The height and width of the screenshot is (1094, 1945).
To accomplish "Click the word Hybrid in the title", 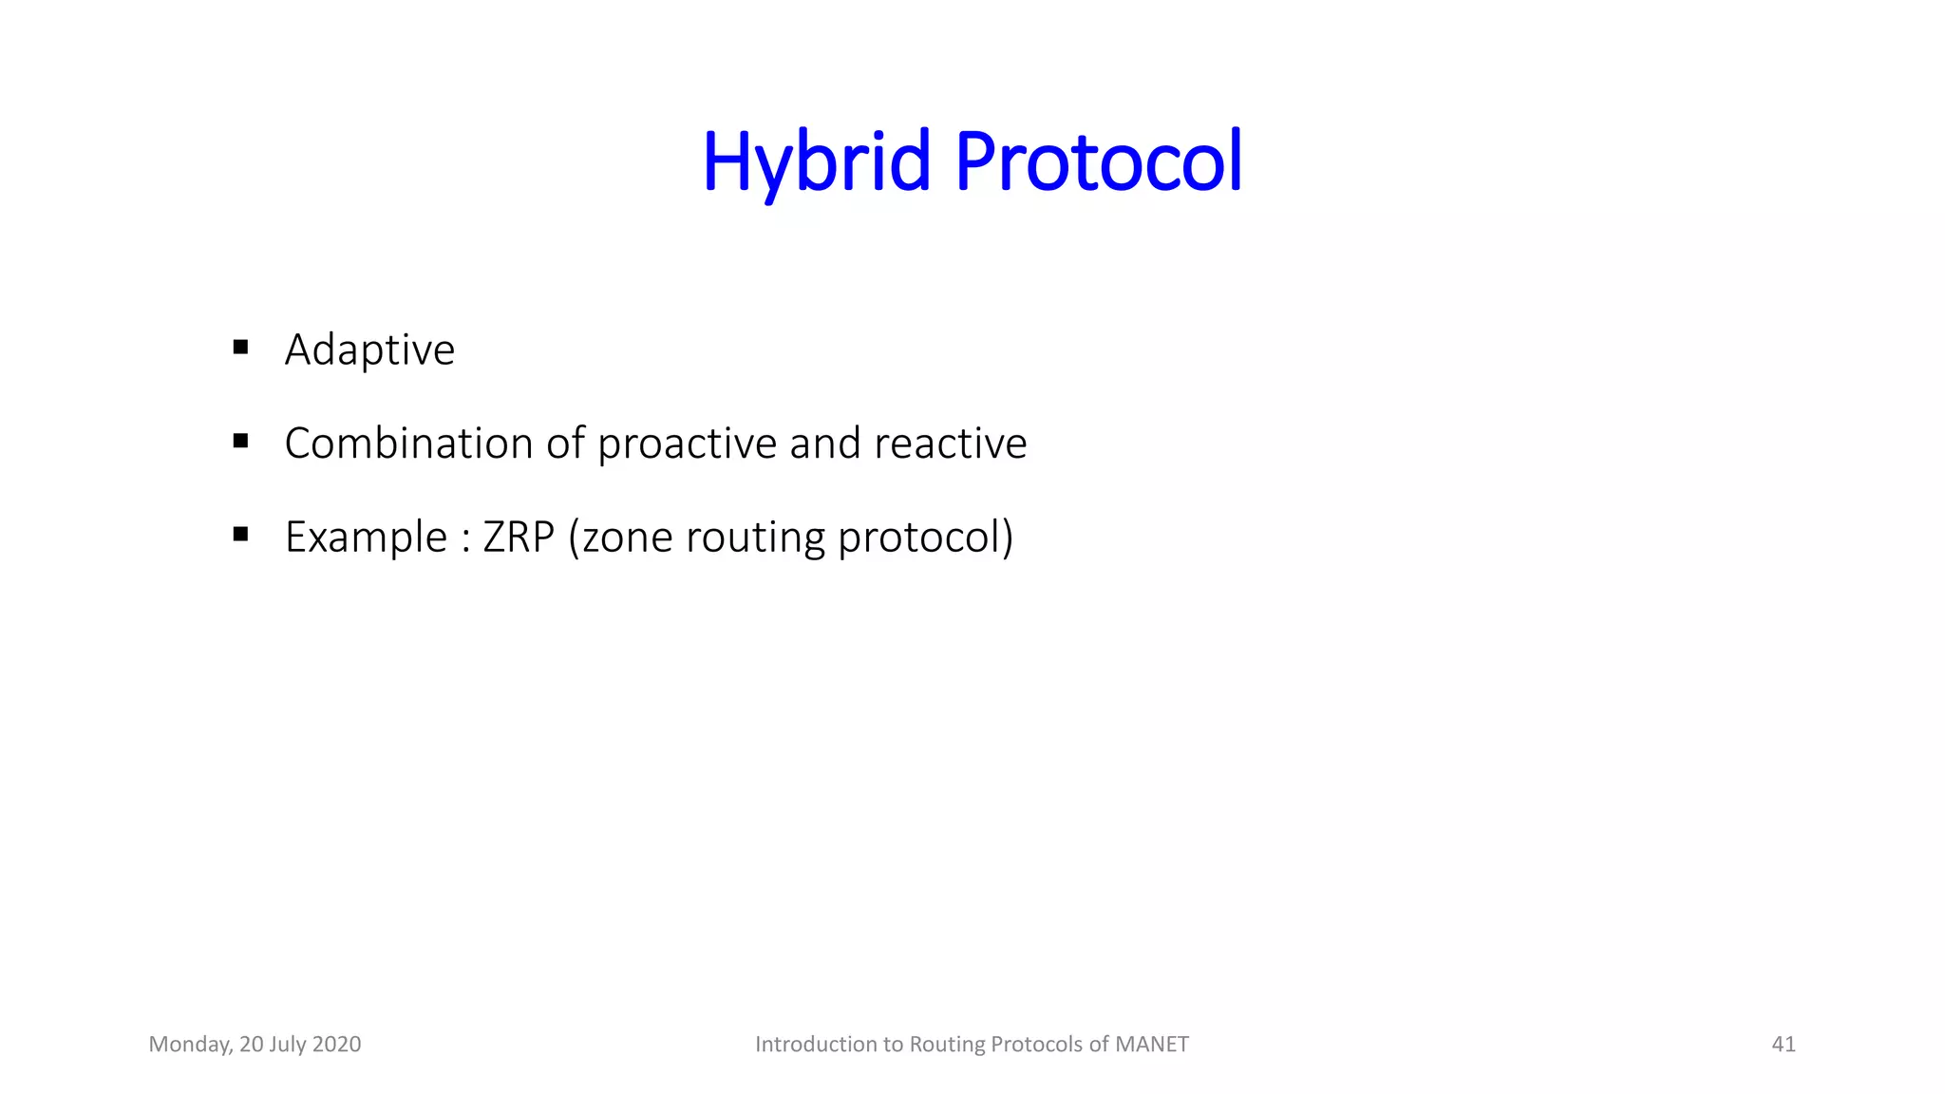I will pyautogui.click(x=816, y=161).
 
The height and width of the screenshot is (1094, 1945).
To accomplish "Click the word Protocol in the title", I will pyautogui.click(x=1098, y=161).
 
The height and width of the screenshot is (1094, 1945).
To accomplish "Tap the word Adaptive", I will pyautogui.click(x=369, y=349).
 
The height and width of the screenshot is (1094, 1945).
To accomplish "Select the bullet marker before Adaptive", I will pyautogui.click(x=240, y=348).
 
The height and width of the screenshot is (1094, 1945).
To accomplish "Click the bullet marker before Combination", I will pyautogui.click(x=240, y=441).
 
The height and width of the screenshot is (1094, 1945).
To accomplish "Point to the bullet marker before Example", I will pyautogui.click(x=240, y=535).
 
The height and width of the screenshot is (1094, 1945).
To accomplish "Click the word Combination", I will pyautogui.click(x=408, y=443).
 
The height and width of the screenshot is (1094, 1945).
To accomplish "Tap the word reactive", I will pyautogui.click(x=950, y=443).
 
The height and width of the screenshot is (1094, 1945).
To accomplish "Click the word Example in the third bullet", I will pyautogui.click(x=366, y=538).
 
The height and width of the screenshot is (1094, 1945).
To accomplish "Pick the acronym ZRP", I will pyautogui.click(x=518, y=538).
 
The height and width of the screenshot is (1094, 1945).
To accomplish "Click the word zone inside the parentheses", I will pyautogui.click(x=621, y=538).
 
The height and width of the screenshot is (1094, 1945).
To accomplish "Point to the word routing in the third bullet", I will pyautogui.click(x=755, y=538).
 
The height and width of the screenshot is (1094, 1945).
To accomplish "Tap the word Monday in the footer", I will pyautogui.click(x=190, y=1045).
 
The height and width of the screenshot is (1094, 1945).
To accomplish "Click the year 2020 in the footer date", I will pyautogui.click(x=336, y=1045).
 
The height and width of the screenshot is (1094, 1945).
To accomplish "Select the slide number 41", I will pyautogui.click(x=1783, y=1045).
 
